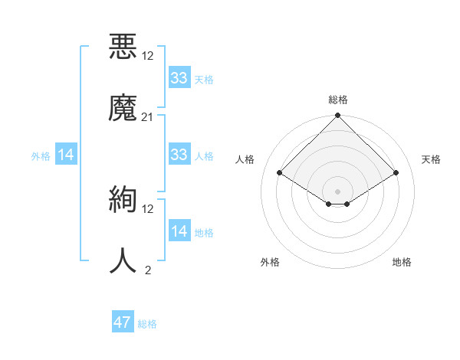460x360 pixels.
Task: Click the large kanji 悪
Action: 123,45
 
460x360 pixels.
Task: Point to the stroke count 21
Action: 148,116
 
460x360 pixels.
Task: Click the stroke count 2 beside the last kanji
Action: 148,270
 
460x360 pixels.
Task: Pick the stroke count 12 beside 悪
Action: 148,56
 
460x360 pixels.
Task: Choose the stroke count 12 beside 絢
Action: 148,208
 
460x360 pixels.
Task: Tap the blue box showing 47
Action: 123,322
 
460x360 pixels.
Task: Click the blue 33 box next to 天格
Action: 179,78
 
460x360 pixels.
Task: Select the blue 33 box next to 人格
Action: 179,155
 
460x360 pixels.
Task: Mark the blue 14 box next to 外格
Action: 66,155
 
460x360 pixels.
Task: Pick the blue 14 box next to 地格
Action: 179,231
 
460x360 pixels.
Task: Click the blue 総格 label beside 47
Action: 147,324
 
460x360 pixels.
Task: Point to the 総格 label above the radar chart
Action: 337,100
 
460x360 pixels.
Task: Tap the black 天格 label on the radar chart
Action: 431,159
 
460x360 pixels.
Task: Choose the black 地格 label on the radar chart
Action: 402,262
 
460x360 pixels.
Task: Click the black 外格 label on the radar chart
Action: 270,262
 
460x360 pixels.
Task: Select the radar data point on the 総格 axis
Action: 337,116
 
